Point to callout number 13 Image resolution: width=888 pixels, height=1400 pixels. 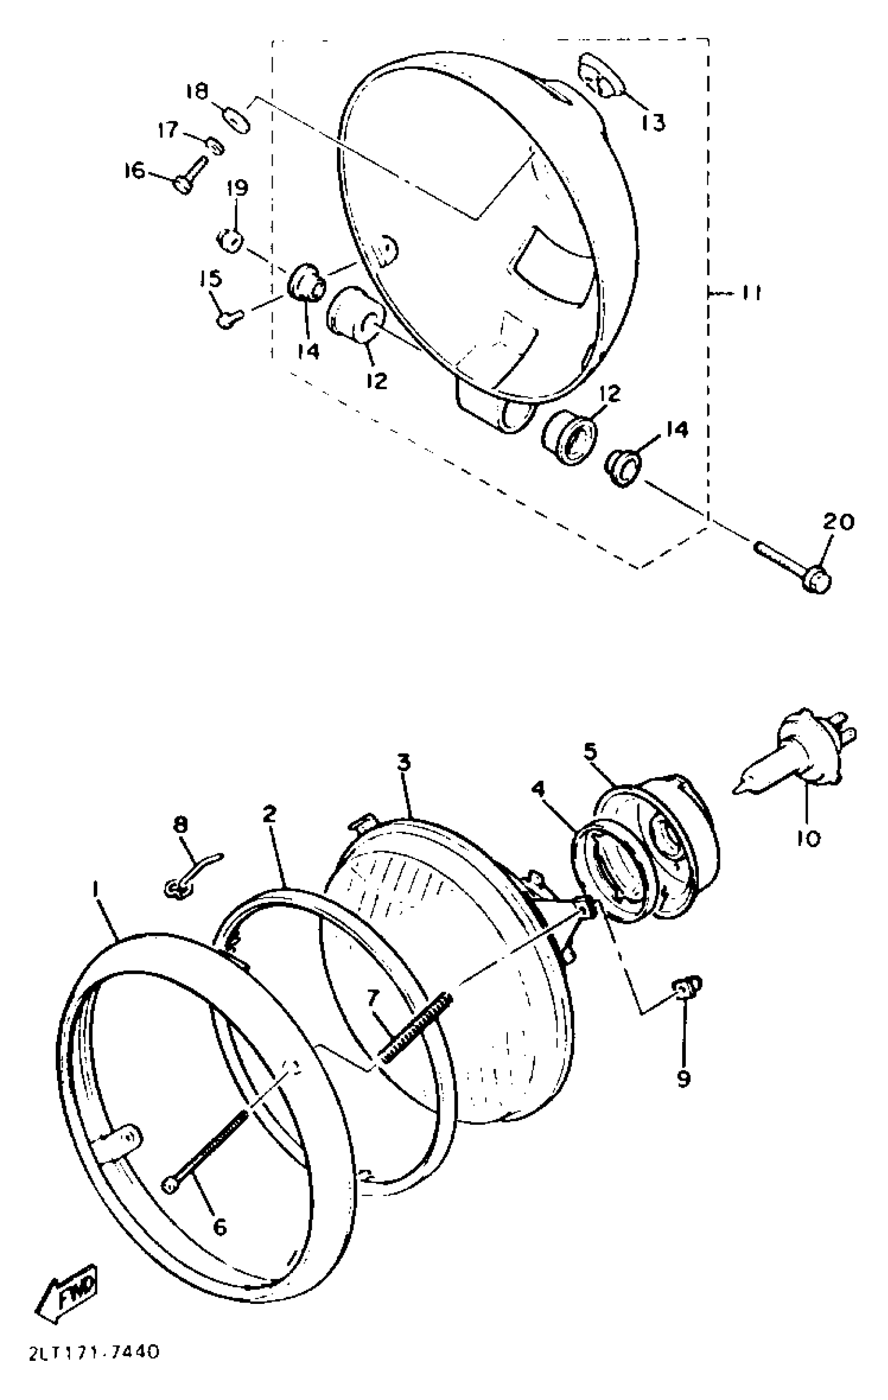coord(653,122)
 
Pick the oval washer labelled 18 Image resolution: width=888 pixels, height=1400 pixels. coord(237,119)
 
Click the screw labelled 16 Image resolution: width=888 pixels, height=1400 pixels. coord(190,174)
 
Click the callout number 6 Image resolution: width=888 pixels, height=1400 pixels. coord(219,1226)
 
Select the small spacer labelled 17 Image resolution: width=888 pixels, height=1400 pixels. coord(215,146)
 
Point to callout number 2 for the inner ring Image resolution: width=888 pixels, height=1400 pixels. coord(268,815)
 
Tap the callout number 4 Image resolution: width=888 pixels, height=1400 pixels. coord(539,789)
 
